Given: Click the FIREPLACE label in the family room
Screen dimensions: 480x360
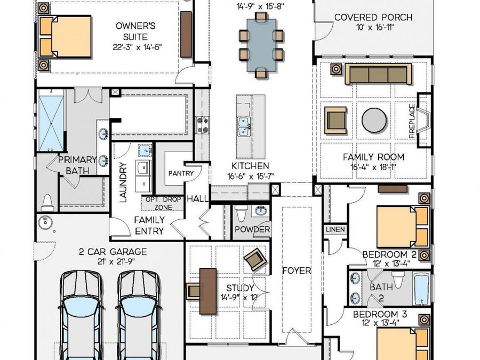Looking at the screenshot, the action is click(x=412, y=121).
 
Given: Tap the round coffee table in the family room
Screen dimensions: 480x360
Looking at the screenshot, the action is click(x=374, y=121).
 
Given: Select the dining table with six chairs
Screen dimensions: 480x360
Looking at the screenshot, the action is click(x=261, y=45).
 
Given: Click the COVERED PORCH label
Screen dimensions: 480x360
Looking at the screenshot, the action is click(x=373, y=18).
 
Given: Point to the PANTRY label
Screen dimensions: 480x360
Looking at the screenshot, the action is click(x=181, y=173).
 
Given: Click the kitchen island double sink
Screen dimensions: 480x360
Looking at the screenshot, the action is click(x=244, y=127).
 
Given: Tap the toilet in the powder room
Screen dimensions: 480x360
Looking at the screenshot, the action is click(x=241, y=213).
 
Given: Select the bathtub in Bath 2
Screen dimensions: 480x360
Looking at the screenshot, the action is click(x=422, y=289).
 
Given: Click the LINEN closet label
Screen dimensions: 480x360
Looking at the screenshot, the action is click(x=335, y=229).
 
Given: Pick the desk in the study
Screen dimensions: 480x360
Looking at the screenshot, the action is click(x=208, y=291).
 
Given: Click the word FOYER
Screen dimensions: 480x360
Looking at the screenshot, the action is click(x=297, y=270).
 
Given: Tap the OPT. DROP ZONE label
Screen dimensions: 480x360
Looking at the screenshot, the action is click(x=163, y=203).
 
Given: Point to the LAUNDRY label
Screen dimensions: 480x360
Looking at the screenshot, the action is click(x=123, y=182).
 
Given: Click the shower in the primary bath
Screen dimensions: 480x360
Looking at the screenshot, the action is click(x=51, y=123).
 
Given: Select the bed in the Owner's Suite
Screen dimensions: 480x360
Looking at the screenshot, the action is click(x=65, y=37).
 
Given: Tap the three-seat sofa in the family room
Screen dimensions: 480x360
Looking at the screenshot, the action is click(x=378, y=74).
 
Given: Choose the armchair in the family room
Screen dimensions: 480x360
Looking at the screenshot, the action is click(x=336, y=121).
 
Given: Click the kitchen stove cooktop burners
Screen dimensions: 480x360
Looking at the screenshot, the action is click(x=203, y=125).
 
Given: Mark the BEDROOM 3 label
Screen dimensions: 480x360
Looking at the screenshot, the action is click(x=380, y=314).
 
